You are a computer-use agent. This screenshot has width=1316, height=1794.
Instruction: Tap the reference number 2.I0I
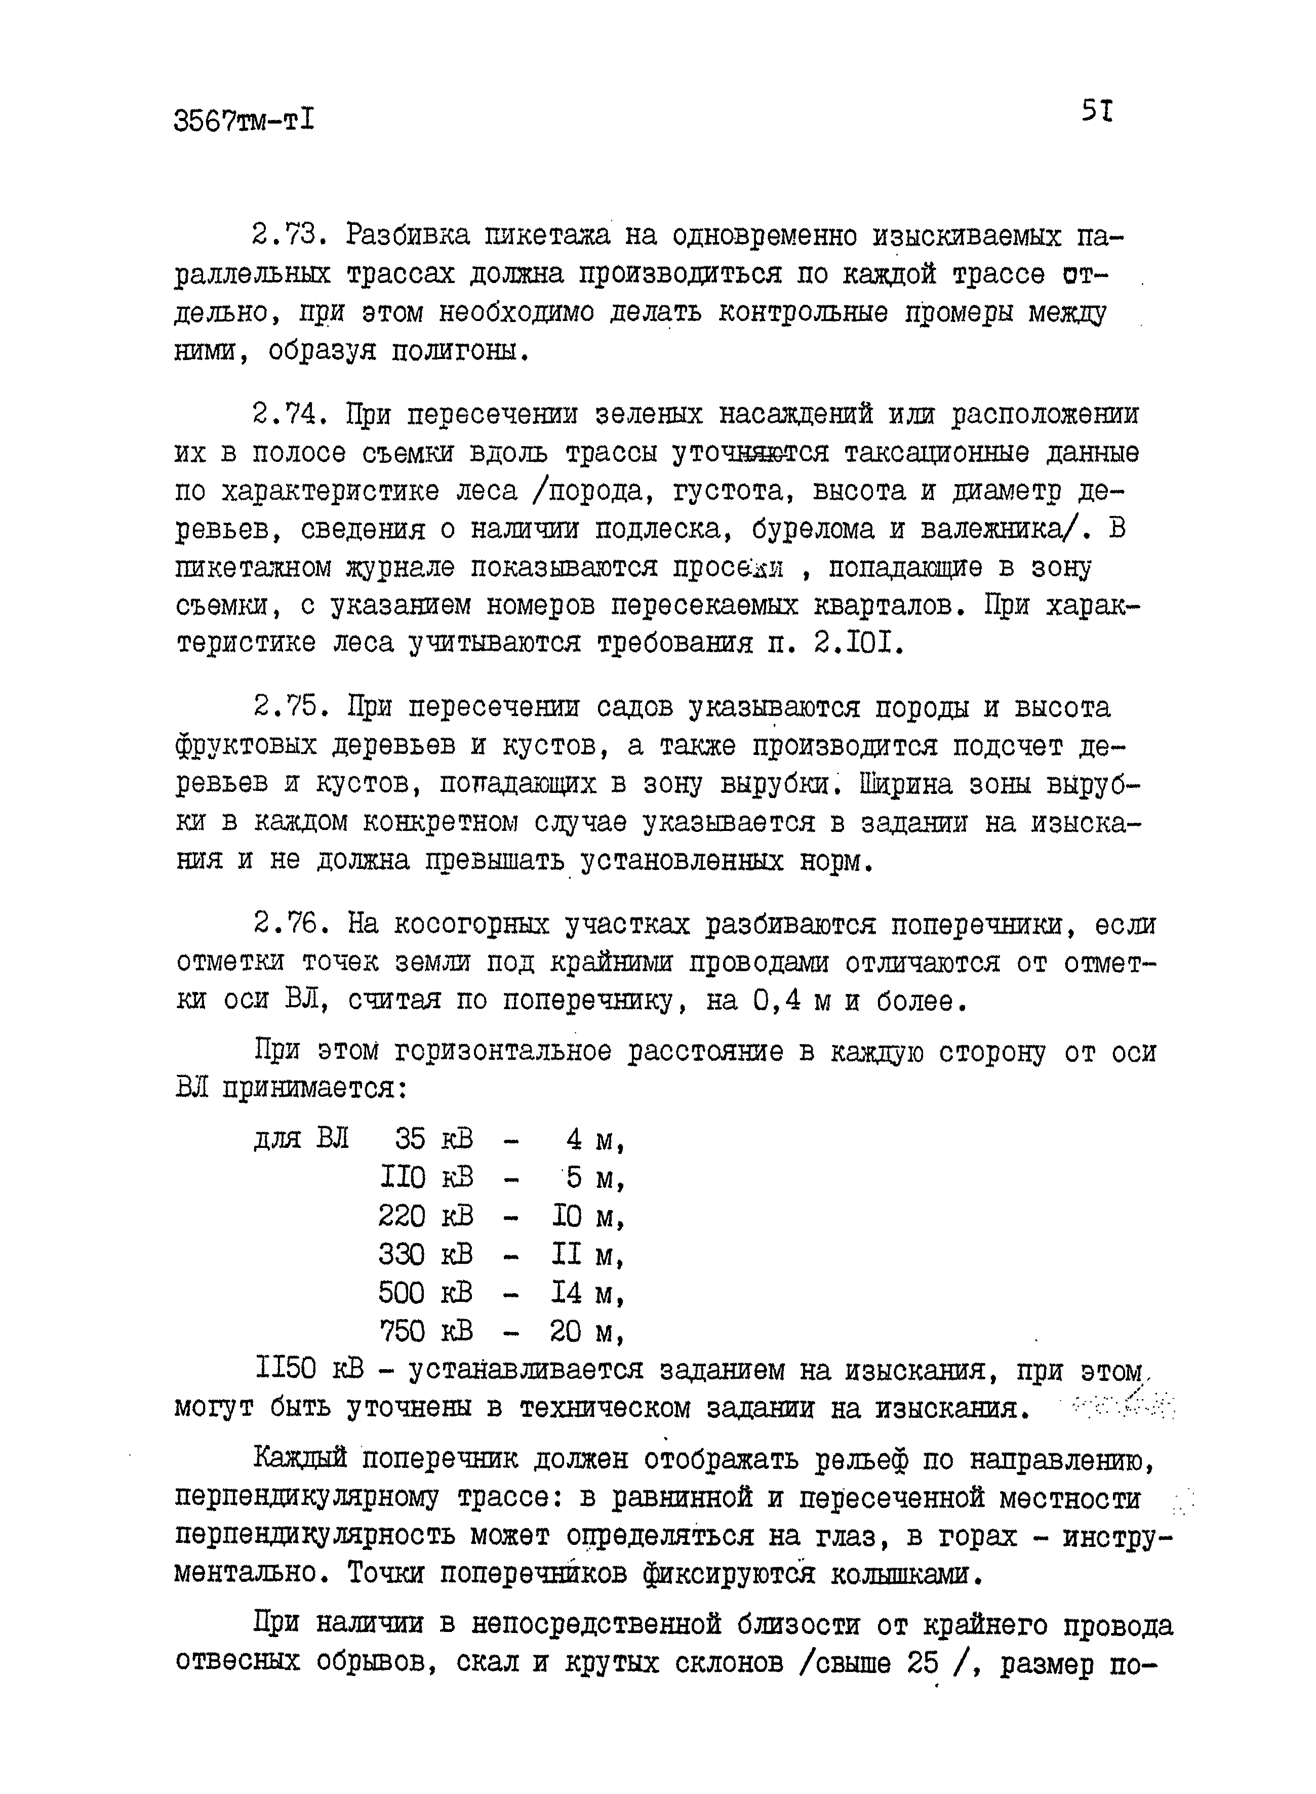[859, 644]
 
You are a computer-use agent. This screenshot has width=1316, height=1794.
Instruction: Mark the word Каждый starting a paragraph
[301, 1459]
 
